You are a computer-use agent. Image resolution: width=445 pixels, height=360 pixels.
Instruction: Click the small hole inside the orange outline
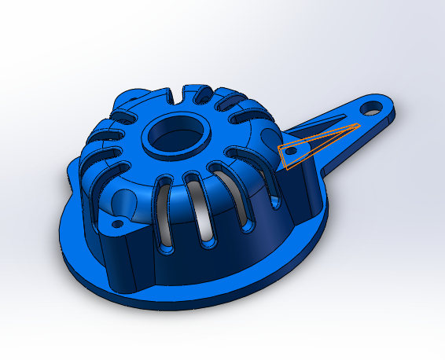[x=290, y=148]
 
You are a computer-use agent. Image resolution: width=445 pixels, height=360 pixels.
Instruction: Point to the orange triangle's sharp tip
[x=359, y=125]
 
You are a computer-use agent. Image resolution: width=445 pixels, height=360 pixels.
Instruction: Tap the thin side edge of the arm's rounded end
[x=394, y=116]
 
